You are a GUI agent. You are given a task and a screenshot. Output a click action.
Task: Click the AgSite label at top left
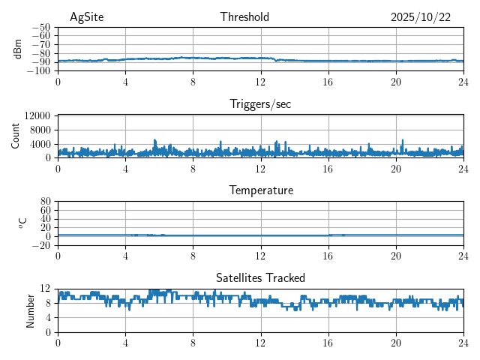[86, 17]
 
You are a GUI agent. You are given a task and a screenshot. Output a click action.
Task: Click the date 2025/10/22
[421, 17]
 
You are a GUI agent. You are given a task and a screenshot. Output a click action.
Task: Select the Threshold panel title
[244, 17]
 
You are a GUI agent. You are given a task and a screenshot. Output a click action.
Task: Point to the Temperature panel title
[260, 190]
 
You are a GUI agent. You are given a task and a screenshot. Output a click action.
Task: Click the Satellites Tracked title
[260, 277]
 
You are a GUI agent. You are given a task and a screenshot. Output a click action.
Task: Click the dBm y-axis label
[18, 49]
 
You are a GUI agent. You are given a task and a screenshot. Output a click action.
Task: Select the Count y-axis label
[15, 136]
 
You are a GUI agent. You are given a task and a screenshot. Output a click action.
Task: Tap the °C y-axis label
[22, 223]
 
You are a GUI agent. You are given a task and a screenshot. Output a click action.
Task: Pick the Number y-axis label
[30, 310]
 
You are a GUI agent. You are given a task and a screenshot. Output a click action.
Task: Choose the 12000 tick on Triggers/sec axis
[37, 115]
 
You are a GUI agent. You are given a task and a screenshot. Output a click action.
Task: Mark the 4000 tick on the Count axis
[40, 144]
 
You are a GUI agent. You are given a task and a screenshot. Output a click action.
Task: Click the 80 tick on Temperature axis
[46, 201]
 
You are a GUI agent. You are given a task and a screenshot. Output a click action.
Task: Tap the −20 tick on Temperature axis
[42, 245]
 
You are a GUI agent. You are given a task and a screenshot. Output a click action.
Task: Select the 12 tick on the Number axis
[46, 289]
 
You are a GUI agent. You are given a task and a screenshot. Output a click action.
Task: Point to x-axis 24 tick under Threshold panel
[463, 82]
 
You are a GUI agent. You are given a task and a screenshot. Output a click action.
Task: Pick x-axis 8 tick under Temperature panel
[193, 256]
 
